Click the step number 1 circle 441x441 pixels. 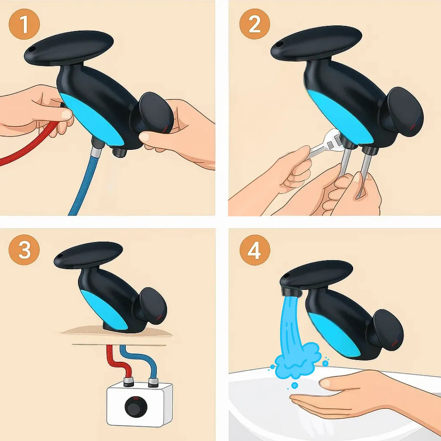tap(24, 24)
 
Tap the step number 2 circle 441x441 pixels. tap(254, 24)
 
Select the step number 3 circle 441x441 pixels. tap(24, 250)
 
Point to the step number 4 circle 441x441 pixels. tap(255, 250)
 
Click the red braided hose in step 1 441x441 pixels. tap(31, 143)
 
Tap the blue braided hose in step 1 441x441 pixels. tap(85, 183)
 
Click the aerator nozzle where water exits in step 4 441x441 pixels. tap(291, 292)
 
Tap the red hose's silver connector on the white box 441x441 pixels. tap(128, 382)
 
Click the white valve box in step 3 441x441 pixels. tap(140, 404)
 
